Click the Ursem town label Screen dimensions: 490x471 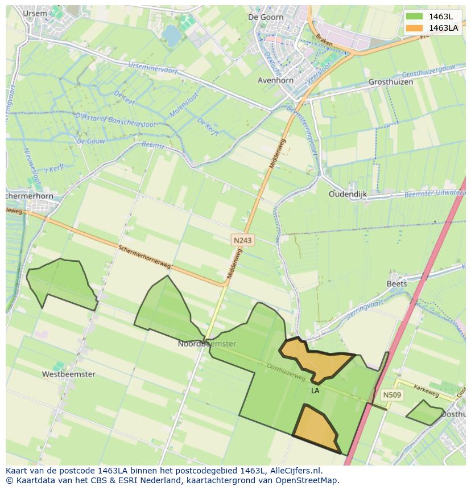pyautogui.click(x=35, y=13)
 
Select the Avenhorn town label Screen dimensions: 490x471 pyautogui.click(x=276, y=80)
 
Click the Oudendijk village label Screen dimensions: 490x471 pyautogui.click(x=348, y=194)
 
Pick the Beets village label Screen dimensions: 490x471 pyautogui.click(x=396, y=283)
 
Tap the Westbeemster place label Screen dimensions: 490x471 pyautogui.click(x=68, y=374)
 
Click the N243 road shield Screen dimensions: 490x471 pyautogui.click(x=243, y=241)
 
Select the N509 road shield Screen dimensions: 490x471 pyautogui.click(x=392, y=395)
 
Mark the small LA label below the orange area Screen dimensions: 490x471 pyautogui.click(x=315, y=391)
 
